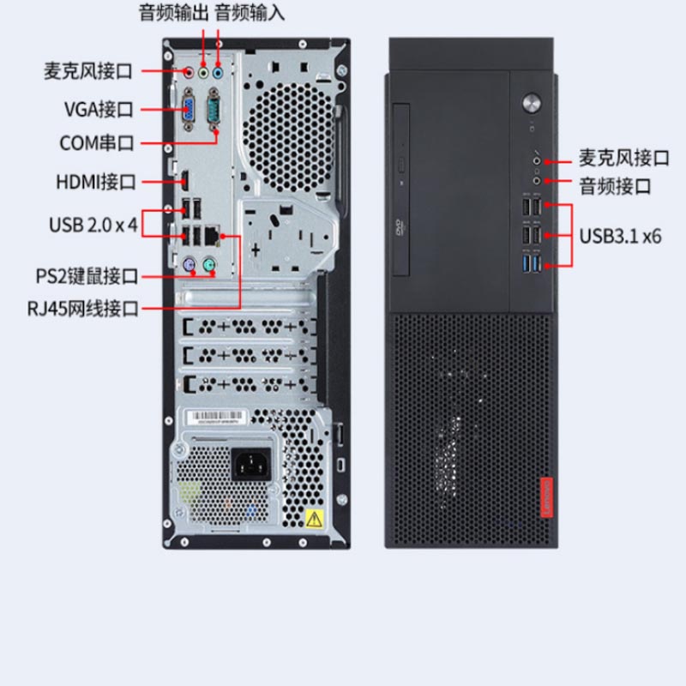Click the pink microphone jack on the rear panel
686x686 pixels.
point(189,72)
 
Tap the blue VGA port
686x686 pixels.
point(189,109)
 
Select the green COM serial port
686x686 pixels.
point(214,109)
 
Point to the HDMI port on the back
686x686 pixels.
point(185,180)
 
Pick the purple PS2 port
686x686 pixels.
point(189,264)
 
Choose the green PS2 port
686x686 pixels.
point(209,264)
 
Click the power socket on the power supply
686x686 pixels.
point(251,464)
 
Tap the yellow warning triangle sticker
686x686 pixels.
point(314,520)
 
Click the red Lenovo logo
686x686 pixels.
point(546,498)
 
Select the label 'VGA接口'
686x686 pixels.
point(99,110)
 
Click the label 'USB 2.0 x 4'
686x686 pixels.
point(93,225)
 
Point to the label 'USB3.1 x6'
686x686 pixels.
point(620,237)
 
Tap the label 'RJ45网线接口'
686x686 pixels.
point(82,309)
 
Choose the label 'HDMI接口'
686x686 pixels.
point(96,182)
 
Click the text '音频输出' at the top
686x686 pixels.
point(174,13)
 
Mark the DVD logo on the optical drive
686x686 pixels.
point(400,226)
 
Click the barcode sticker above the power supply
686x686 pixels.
point(214,417)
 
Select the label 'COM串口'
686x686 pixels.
point(97,143)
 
